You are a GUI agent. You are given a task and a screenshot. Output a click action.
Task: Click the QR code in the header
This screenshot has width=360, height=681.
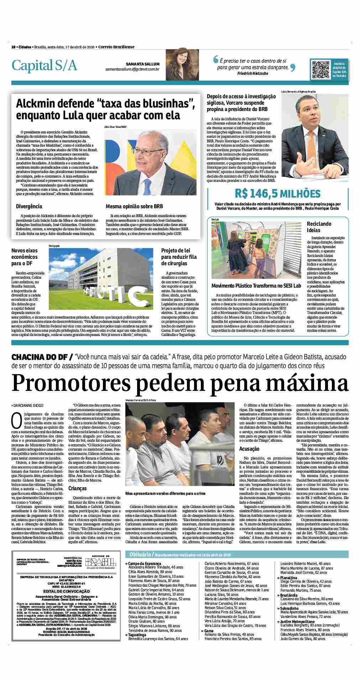(320, 69)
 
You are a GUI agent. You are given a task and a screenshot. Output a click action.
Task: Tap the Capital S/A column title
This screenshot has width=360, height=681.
(44, 65)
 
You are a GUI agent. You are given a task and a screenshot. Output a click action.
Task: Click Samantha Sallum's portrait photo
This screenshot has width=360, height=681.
(177, 64)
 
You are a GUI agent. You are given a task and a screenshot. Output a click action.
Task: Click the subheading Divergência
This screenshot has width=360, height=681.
(29, 206)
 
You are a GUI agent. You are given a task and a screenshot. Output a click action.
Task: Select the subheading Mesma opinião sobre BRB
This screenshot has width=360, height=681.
(134, 206)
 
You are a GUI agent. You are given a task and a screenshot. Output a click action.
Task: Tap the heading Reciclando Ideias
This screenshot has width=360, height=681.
(319, 227)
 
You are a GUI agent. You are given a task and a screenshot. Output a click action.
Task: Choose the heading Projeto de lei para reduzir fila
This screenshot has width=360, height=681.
(176, 257)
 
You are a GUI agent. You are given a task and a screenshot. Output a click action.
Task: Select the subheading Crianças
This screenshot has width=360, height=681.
(77, 488)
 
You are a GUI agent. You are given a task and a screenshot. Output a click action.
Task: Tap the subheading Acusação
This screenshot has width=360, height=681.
(249, 449)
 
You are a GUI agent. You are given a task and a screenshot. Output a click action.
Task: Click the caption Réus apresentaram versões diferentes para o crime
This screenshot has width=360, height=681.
(165, 494)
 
